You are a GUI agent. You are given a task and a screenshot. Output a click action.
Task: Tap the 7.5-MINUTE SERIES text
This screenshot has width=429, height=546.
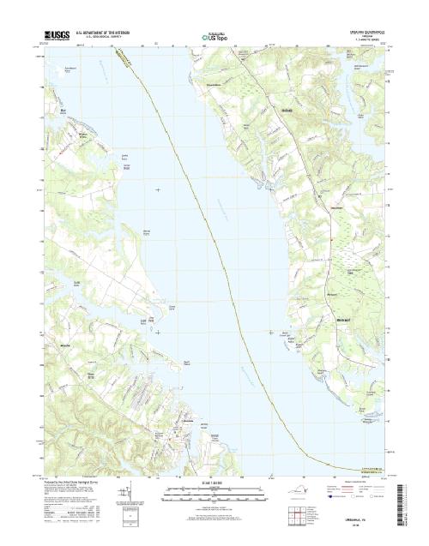coord(360,43)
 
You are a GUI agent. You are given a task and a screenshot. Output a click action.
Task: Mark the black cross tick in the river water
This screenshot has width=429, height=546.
coord(157,189)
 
